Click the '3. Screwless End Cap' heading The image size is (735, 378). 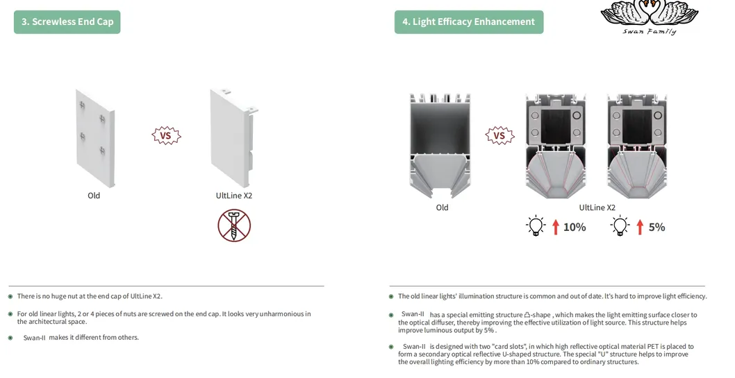67,22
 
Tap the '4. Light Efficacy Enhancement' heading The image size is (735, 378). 469,22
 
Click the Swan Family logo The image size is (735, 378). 650,17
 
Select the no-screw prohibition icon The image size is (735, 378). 234,225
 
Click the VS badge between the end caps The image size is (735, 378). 166,136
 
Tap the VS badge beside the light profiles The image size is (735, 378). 499,136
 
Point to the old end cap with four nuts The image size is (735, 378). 95,139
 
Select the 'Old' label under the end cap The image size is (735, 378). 94,196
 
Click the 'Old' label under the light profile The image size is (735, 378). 442,207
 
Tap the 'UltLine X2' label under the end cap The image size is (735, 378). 234,196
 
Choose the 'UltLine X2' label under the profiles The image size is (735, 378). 597,207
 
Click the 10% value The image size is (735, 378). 575,227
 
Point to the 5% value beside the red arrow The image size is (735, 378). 656,227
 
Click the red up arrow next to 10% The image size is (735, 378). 556,227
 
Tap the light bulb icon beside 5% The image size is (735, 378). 620,226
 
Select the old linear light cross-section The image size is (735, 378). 440,146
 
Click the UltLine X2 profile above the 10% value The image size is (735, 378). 556,146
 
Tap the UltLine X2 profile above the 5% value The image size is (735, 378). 637,146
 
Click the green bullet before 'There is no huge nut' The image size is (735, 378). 10,296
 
